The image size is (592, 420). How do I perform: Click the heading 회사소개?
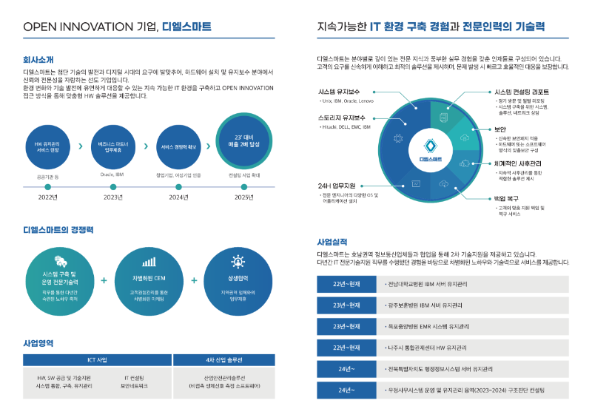[x=38, y=59]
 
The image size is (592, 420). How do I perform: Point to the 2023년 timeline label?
[x=113, y=197]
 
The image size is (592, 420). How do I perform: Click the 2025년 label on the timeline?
[x=244, y=197]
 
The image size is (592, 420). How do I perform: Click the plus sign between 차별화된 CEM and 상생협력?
[x=193, y=280]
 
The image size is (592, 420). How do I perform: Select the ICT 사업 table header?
[x=97, y=360]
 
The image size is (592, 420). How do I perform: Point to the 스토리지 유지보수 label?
[x=342, y=118]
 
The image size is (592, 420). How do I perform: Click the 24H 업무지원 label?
[x=337, y=185]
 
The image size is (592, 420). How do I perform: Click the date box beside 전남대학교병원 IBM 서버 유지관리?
[x=346, y=284]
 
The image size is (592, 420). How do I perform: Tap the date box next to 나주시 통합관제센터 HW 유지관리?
[x=346, y=347]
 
